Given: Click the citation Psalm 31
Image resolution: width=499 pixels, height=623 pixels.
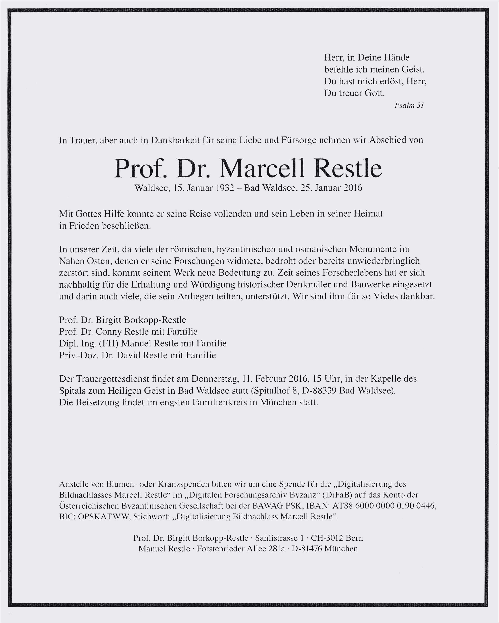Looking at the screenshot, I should click(x=409, y=105).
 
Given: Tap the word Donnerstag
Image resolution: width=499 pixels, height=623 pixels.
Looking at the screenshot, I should click(x=214, y=379).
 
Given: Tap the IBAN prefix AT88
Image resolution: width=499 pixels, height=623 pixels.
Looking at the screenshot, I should click(x=343, y=506).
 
